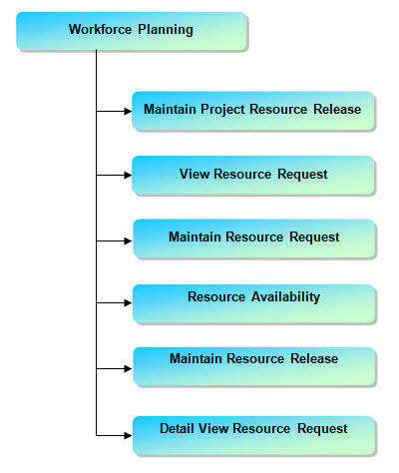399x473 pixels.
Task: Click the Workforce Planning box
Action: (x=132, y=31)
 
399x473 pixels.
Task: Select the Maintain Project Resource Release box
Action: (x=253, y=111)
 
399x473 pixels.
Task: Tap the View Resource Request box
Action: (x=253, y=175)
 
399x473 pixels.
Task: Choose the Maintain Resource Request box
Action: (x=254, y=238)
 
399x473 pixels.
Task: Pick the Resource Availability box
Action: (x=254, y=303)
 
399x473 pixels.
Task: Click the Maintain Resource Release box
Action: (x=254, y=366)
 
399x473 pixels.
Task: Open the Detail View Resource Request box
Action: (x=254, y=435)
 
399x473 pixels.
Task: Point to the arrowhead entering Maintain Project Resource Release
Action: (x=128, y=111)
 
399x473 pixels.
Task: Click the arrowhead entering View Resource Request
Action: (x=128, y=175)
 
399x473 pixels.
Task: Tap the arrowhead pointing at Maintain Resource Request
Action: (x=128, y=240)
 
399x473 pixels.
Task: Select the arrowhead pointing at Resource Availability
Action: (x=128, y=302)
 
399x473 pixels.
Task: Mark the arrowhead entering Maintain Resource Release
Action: (x=128, y=368)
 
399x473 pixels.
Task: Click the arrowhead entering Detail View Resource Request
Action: (x=128, y=435)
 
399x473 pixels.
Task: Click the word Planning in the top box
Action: (x=166, y=30)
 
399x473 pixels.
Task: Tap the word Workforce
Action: (x=100, y=29)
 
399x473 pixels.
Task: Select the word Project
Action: (x=222, y=110)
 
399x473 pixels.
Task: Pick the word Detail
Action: (x=177, y=428)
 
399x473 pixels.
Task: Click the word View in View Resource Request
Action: (x=195, y=174)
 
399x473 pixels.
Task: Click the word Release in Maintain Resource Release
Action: (x=314, y=358)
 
